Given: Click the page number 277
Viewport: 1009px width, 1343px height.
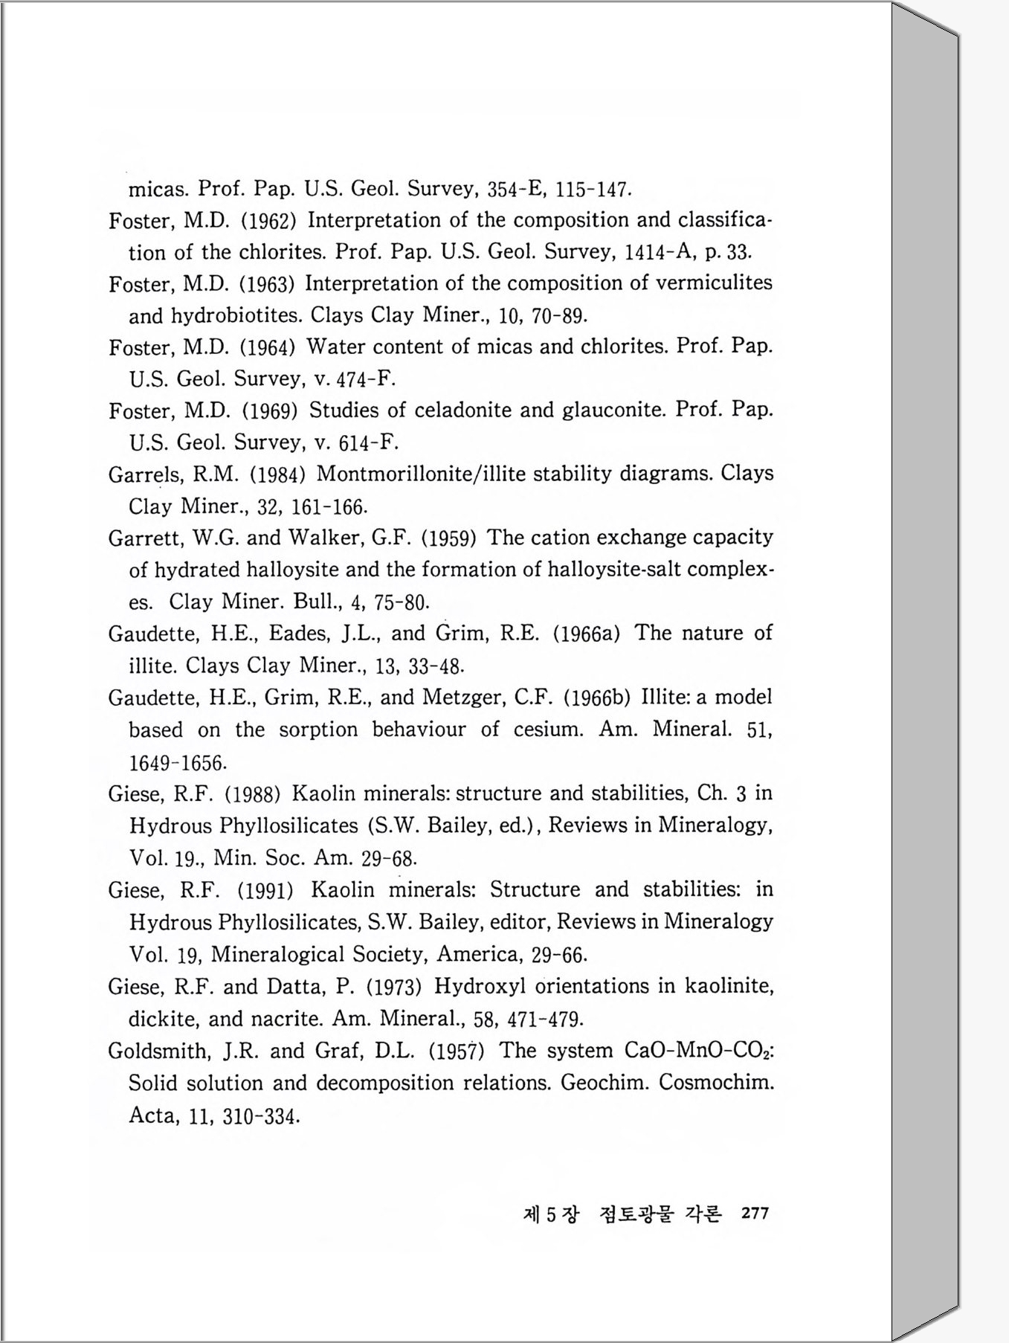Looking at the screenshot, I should (755, 1213).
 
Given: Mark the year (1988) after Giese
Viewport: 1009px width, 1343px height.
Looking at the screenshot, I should (252, 794).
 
